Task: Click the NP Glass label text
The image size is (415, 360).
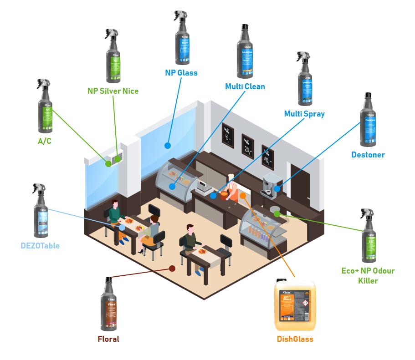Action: point(181,72)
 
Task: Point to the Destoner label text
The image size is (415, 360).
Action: point(368,155)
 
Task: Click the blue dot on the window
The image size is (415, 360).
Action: point(167,146)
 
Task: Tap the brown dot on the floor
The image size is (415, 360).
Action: point(172,269)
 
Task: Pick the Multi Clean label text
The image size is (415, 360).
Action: point(245,86)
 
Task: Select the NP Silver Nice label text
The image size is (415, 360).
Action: point(113,91)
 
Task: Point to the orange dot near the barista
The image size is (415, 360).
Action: point(243,195)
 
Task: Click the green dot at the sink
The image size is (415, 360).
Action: point(277,213)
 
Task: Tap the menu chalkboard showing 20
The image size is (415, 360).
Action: point(247,146)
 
